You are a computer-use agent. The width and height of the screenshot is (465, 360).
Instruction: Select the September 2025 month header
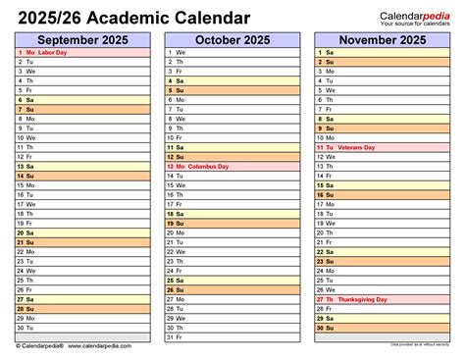pyautogui.click(x=83, y=38)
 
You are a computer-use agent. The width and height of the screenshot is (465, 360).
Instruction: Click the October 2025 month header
pyautogui.click(x=232, y=38)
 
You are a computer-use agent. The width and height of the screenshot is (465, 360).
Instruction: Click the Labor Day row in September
pyautogui.click(x=83, y=51)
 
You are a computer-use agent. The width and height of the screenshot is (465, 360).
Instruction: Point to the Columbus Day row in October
pyautogui.click(x=232, y=166)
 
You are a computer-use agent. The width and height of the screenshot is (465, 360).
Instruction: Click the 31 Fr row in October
pyautogui.click(x=232, y=337)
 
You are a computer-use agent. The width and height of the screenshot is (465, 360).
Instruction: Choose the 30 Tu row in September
pyautogui.click(x=83, y=328)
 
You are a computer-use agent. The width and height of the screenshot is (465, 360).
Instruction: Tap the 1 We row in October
pyautogui.click(x=232, y=51)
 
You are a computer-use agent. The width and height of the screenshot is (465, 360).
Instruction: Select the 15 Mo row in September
pyautogui.click(x=83, y=184)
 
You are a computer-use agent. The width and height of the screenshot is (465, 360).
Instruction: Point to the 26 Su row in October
pyautogui.click(x=232, y=289)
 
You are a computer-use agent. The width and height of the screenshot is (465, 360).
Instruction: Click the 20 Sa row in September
pyautogui.click(x=83, y=232)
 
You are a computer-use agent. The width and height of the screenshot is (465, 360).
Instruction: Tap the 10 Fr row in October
pyautogui.click(x=232, y=137)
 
